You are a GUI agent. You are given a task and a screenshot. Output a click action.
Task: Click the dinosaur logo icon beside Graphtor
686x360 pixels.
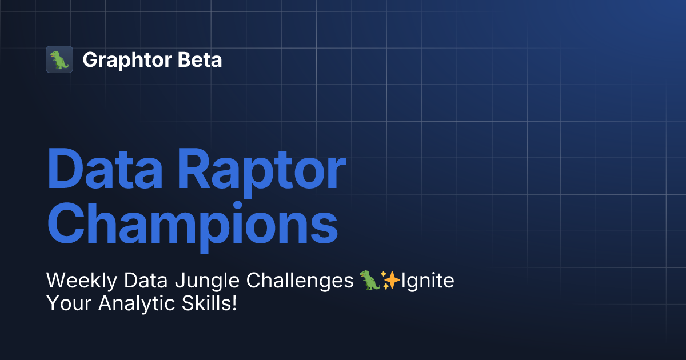(59, 59)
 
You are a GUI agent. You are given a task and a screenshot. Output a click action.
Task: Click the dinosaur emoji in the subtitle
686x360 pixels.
(369, 281)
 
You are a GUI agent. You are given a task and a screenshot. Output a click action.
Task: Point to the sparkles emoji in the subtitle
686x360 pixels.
(390, 281)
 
